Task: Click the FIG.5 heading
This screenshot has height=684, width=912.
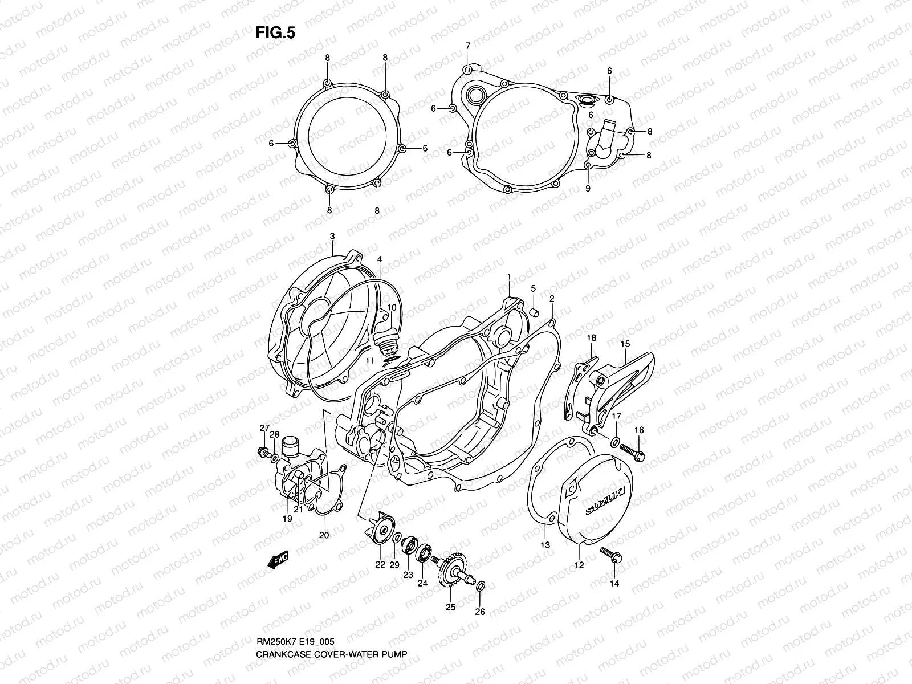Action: point(275,33)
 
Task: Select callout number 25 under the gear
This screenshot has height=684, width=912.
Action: point(450,607)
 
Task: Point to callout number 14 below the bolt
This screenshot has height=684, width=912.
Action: point(614,583)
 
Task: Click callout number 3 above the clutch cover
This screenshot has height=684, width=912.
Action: point(332,236)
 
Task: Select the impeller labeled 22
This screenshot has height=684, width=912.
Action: point(380,530)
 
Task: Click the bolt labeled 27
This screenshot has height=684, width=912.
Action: point(264,453)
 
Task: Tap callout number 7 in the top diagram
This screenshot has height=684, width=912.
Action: point(468,46)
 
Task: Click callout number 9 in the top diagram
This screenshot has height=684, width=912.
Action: point(588,188)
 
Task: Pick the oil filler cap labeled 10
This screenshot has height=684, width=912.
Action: point(388,340)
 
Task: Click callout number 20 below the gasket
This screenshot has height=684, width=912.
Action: point(324,535)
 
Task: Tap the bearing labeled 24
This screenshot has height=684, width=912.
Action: point(425,551)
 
